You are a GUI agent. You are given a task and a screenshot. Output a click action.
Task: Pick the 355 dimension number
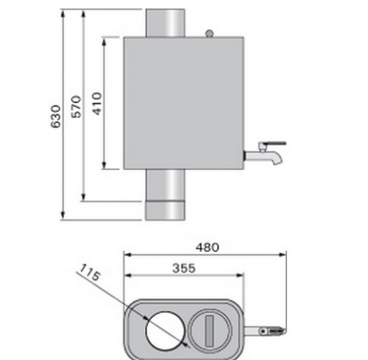[182, 266]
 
